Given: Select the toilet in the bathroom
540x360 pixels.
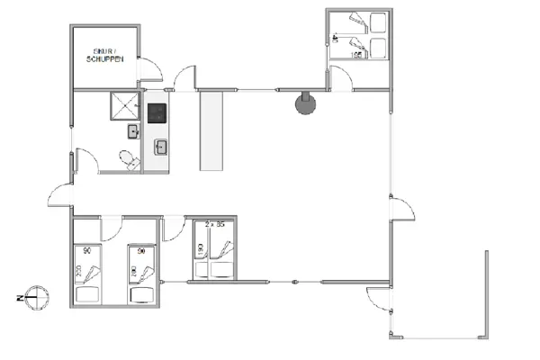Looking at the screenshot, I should click(130, 159).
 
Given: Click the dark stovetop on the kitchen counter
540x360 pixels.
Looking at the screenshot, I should click(157, 113).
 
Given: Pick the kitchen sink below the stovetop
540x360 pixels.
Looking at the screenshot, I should click(162, 146).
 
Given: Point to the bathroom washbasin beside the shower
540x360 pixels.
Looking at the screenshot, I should click(133, 132).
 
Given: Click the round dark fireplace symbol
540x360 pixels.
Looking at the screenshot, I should click(306, 104).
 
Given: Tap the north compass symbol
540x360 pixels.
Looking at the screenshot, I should click(34, 293).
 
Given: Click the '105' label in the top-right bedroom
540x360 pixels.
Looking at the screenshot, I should click(355, 56).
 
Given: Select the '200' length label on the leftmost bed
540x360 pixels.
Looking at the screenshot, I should click(77, 271).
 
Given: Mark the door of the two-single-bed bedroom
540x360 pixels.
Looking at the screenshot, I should click(111, 228).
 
